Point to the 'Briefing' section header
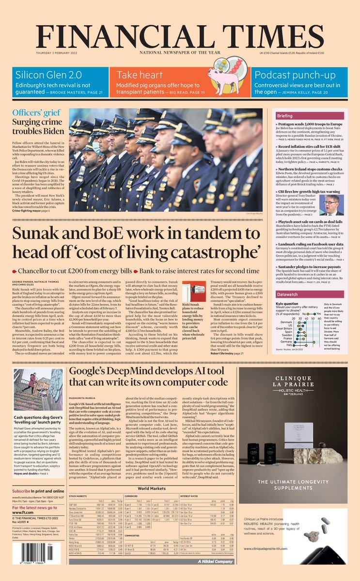point(298,117)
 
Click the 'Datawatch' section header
point(301,294)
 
